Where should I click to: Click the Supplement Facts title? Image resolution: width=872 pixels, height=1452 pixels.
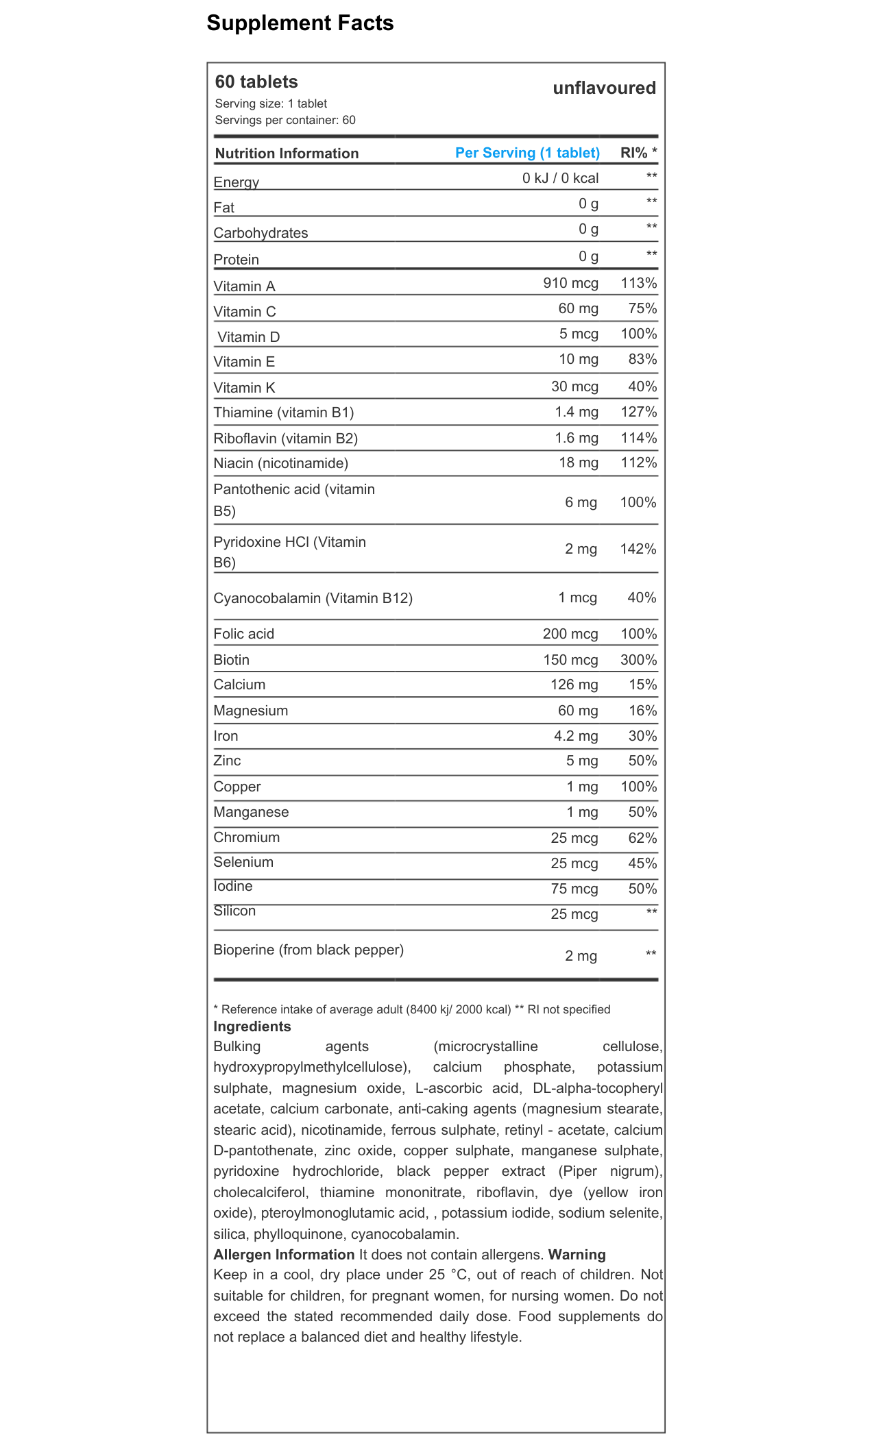[300, 23]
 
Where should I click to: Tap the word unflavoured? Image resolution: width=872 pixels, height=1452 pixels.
[604, 88]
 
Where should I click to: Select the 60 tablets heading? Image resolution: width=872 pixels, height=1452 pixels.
[256, 82]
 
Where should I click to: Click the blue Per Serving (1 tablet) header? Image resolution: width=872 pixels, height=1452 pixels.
[527, 153]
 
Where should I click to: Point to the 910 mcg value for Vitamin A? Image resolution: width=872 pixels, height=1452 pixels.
[570, 283]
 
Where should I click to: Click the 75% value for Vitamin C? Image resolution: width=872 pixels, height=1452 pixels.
[642, 308]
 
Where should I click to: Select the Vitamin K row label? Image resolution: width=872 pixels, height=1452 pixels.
[244, 388]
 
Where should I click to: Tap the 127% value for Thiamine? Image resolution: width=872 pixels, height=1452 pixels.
[638, 412]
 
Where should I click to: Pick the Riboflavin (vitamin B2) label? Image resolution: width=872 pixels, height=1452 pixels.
[285, 439]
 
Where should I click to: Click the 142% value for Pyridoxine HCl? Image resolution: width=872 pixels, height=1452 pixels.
[638, 549]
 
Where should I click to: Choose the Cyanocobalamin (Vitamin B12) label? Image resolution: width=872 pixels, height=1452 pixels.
[313, 598]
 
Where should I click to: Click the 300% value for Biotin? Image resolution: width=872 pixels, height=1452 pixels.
[638, 660]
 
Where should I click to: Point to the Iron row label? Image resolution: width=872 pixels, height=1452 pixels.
[226, 736]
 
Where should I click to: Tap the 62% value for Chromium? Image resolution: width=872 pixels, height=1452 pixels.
[642, 838]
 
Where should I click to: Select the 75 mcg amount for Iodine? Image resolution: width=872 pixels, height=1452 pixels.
[574, 889]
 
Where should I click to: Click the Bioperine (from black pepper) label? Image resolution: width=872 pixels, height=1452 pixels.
[308, 950]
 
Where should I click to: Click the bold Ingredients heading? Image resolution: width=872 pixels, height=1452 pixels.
[252, 1026]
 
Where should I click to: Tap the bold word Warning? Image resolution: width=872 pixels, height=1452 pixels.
[577, 1255]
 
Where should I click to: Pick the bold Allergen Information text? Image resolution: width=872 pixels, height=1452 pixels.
[284, 1255]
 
